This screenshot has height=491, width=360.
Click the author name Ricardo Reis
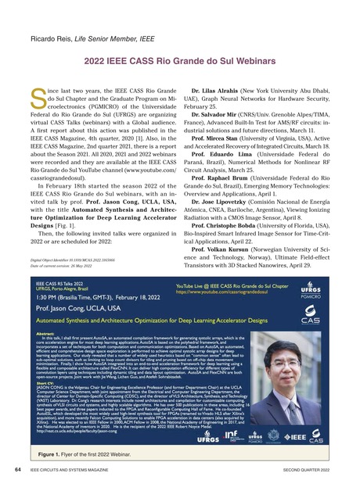point(49,38)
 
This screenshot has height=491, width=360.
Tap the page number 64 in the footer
point(18,470)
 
